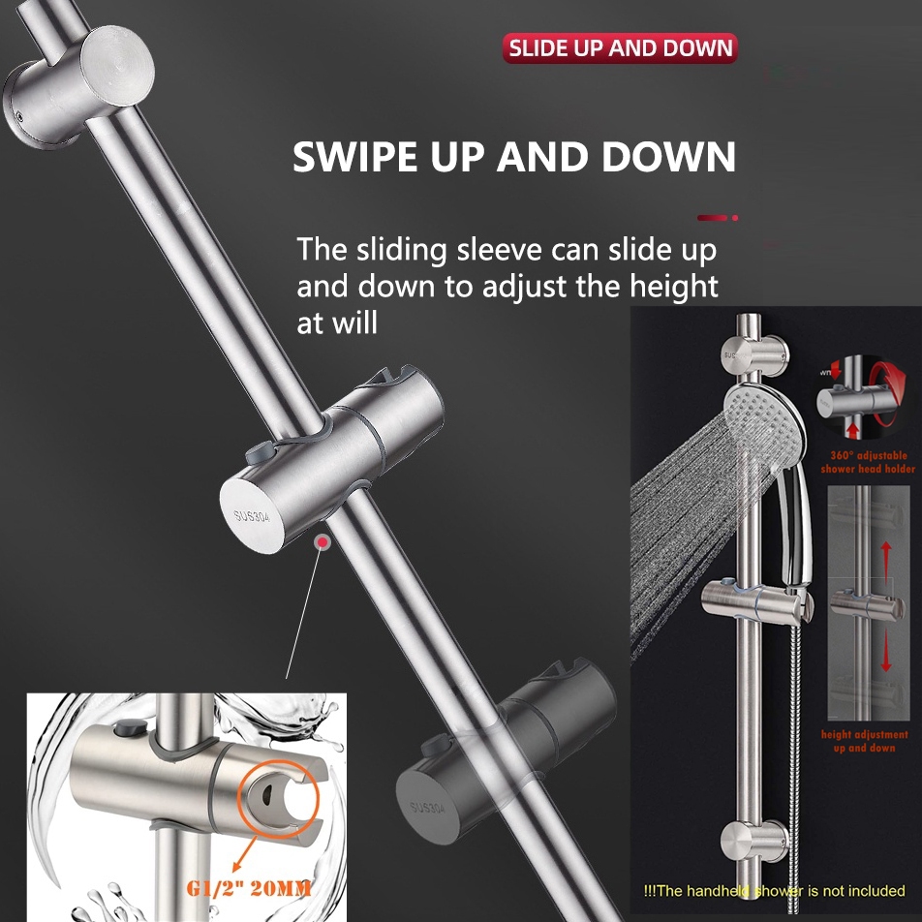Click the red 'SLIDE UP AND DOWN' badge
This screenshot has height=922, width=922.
tap(620, 48)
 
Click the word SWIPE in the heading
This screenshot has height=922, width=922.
tap(354, 157)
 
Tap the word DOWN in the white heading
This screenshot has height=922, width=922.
tap(667, 157)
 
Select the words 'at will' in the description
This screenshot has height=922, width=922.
tap(337, 323)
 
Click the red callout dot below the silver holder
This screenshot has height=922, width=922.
tap(321, 544)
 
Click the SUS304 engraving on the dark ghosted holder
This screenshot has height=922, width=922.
tap(427, 807)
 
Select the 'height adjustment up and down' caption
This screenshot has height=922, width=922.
tap(865, 741)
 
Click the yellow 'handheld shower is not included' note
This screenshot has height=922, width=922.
tap(775, 890)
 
